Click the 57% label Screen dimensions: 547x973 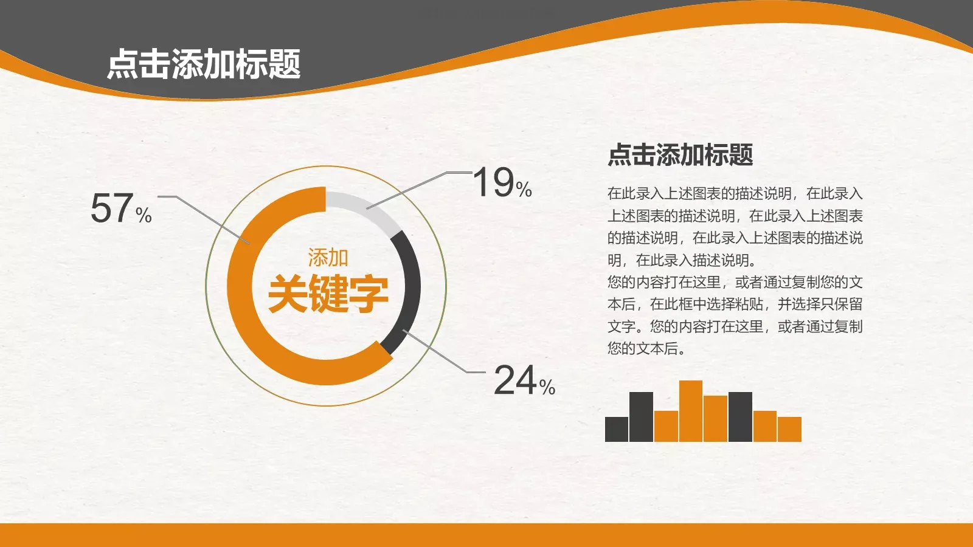(120, 208)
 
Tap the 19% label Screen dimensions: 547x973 (502, 182)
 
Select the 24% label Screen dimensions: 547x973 (524, 380)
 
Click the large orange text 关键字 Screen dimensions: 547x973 (328, 294)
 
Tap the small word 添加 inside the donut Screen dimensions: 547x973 (328, 258)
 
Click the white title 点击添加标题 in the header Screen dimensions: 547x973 (204, 64)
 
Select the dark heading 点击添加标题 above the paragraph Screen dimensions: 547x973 (680, 155)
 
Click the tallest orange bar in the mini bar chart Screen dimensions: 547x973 (690, 411)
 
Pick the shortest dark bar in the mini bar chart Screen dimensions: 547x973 (616, 429)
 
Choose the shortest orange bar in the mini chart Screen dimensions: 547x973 (789, 429)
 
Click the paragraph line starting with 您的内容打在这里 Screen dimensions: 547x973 (735, 282)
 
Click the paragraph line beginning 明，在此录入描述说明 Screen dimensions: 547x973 (682, 260)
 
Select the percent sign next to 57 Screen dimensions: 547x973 (144, 215)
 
